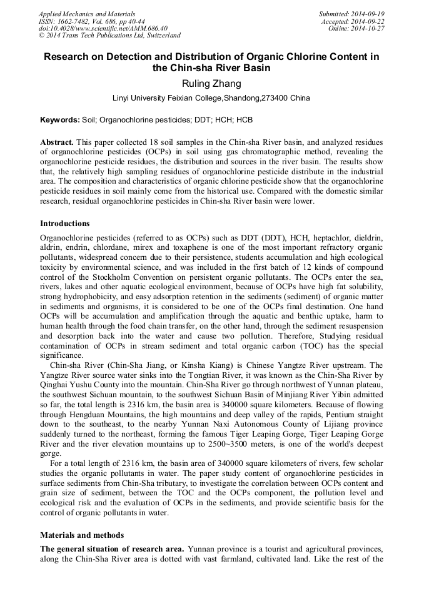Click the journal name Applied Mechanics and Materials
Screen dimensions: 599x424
(x=86, y=14)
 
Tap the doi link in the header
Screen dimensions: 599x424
(x=103, y=29)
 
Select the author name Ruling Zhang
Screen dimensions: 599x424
(x=211, y=83)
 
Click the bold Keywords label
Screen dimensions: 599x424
(x=59, y=119)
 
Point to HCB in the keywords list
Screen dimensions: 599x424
(x=245, y=119)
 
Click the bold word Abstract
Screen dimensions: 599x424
(x=57, y=142)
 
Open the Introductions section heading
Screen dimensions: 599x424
(x=64, y=224)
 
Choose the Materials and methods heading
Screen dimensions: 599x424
(x=82, y=535)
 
